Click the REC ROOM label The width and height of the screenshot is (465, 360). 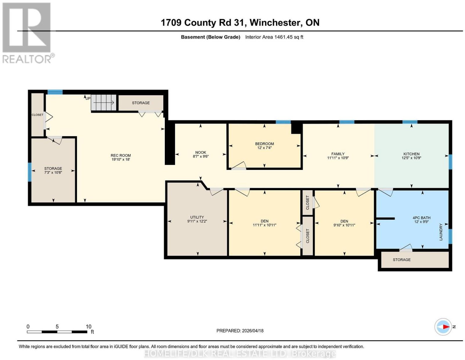tap(121, 155)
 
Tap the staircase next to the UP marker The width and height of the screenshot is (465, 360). tap(104, 103)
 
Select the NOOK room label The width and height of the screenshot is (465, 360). tap(201, 153)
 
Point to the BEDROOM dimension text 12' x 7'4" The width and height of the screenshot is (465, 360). tap(264, 148)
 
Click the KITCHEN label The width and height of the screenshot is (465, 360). tap(411, 154)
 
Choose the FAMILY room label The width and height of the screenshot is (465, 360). tap(338, 154)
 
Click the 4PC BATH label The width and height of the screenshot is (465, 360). tap(421, 218)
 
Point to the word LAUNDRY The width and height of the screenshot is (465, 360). tap(441, 232)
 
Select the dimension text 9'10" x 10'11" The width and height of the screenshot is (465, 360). tap(344, 225)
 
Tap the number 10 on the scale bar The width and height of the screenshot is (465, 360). tap(89, 327)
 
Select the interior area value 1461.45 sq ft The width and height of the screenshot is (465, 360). tap(289, 37)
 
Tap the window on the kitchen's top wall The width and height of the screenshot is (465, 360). tap(410, 122)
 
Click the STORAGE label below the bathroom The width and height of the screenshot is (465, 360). tap(402, 260)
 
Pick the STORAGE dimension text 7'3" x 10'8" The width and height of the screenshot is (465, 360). tap(53, 172)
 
